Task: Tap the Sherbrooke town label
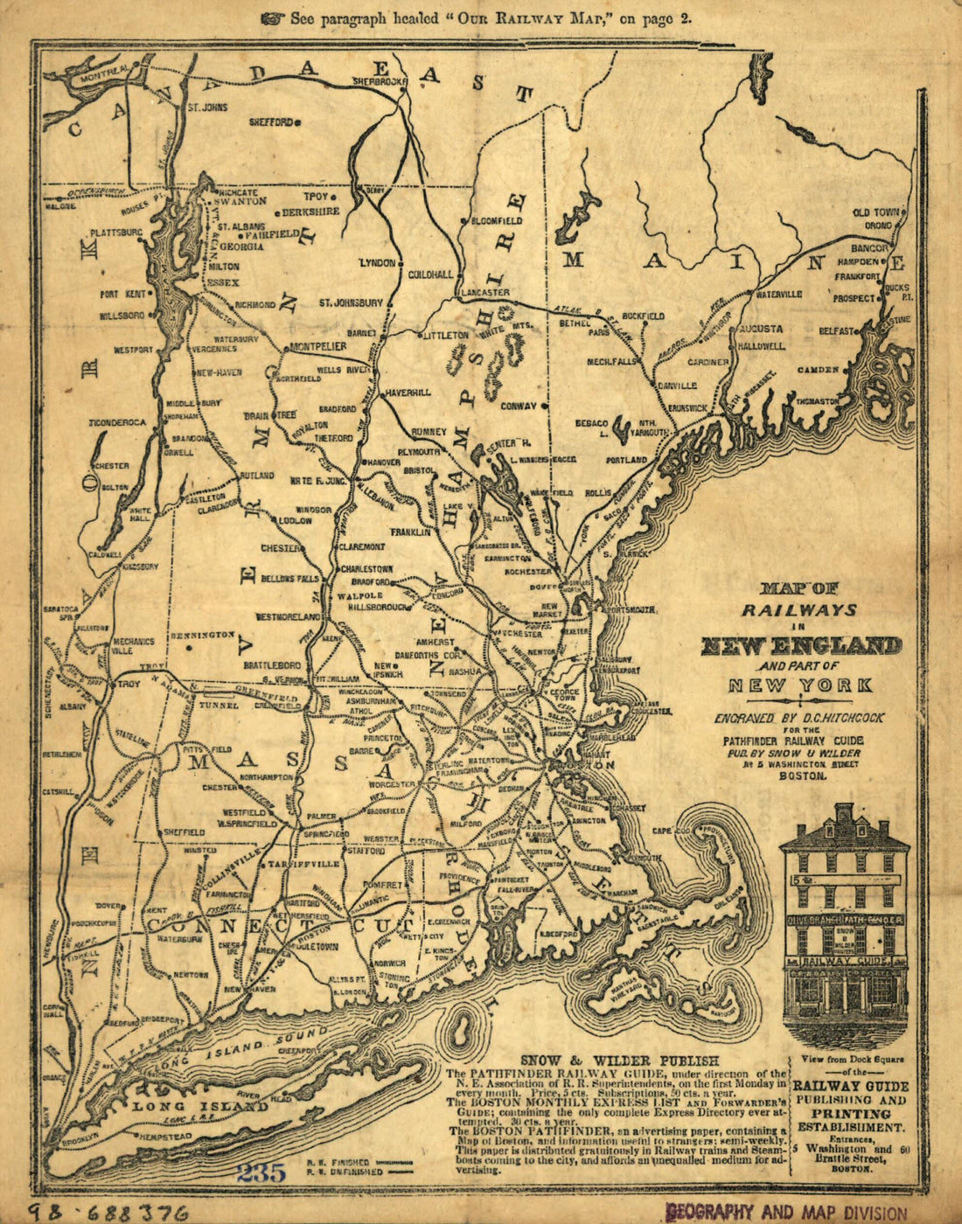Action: coord(380,81)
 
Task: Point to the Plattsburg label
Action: coord(116,233)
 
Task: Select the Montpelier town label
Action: coord(318,346)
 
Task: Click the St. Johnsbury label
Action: coord(351,303)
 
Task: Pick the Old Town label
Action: coord(875,212)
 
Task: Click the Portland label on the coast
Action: coord(626,459)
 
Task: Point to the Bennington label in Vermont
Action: coord(203,634)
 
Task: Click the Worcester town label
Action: coord(391,785)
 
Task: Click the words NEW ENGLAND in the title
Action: coord(800,646)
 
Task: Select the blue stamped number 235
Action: coord(261,1172)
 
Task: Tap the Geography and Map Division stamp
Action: coord(786,1212)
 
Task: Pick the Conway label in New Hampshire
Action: coord(518,406)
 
